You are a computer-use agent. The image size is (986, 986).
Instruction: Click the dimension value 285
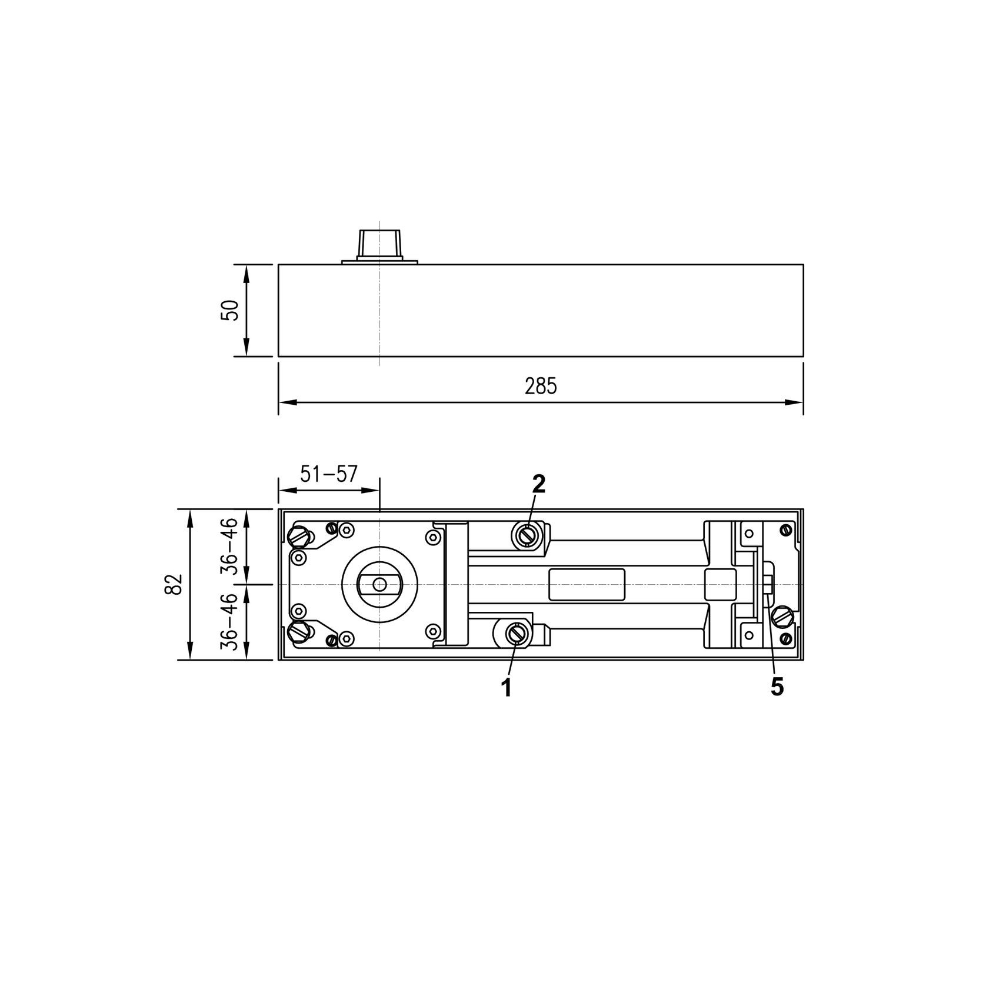click(540, 387)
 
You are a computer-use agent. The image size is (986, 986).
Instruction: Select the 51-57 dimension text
click(328, 474)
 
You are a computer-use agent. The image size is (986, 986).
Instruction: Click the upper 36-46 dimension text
click(229, 546)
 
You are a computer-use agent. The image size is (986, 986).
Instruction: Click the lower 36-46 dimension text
click(229, 622)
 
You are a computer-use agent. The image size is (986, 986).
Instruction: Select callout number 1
click(505, 687)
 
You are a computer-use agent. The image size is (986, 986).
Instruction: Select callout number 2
click(538, 483)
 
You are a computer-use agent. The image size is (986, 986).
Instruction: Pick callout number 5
click(777, 687)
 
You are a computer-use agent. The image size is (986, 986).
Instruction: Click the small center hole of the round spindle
click(380, 585)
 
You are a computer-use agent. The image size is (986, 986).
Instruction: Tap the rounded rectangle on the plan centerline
click(587, 584)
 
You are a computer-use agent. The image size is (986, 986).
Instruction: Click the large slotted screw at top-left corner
click(299, 536)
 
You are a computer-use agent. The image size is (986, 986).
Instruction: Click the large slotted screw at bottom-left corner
click(299, 633)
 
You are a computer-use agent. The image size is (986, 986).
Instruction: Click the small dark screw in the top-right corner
click(784, 530)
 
